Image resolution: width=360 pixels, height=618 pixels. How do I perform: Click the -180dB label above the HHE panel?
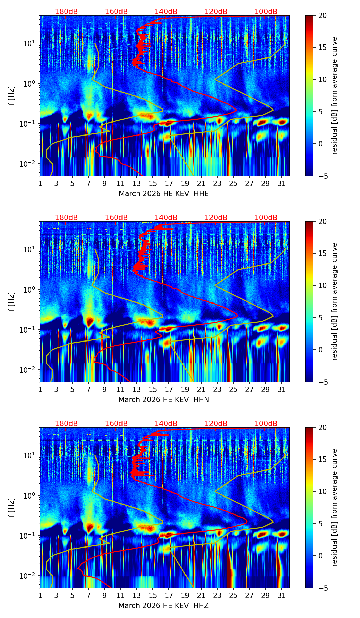(65, 12)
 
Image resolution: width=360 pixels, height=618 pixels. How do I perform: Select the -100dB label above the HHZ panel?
(265, 424)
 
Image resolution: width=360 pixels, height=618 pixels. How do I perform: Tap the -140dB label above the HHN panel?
(165, 218)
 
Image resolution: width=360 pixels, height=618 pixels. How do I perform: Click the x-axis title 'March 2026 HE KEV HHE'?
(164, 194)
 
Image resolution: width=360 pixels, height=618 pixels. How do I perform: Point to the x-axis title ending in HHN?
(164, 400)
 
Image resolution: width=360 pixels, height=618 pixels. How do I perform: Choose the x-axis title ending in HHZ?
(164, 606)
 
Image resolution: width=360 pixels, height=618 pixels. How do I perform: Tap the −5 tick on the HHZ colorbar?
(321, 588)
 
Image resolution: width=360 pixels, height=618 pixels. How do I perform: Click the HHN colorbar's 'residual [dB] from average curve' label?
(335, 301)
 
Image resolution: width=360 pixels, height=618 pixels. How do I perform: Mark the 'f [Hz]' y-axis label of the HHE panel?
(12, 96)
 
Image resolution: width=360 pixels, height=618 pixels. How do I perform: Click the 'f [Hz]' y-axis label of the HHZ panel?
(12, 508)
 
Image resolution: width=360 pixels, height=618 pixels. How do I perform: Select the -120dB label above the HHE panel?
(215, 12)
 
